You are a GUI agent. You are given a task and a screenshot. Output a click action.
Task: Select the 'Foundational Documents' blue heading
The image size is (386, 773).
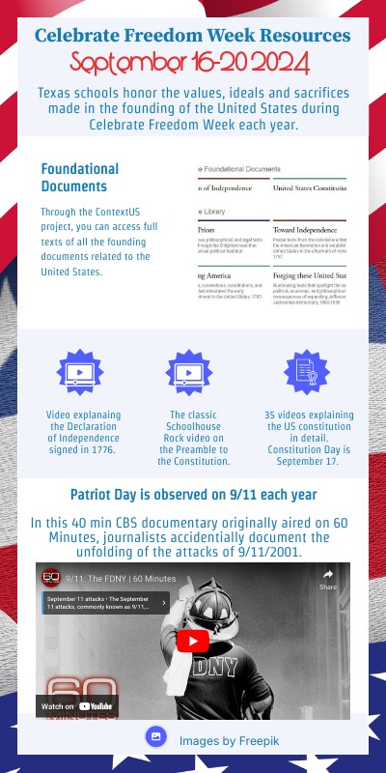80,177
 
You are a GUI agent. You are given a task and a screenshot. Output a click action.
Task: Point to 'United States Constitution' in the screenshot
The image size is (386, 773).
311,187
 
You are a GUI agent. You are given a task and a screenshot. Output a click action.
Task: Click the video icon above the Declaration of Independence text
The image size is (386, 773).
79,372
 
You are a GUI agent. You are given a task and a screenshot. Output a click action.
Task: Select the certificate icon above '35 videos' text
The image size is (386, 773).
306,372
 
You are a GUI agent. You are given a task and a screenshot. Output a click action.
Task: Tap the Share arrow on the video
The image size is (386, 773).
328,578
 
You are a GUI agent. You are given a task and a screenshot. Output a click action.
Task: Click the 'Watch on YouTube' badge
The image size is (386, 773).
77,706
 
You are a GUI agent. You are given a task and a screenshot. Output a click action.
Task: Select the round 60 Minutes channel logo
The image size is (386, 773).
51,578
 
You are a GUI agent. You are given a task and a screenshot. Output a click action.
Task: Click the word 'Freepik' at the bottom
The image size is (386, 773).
241,740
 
